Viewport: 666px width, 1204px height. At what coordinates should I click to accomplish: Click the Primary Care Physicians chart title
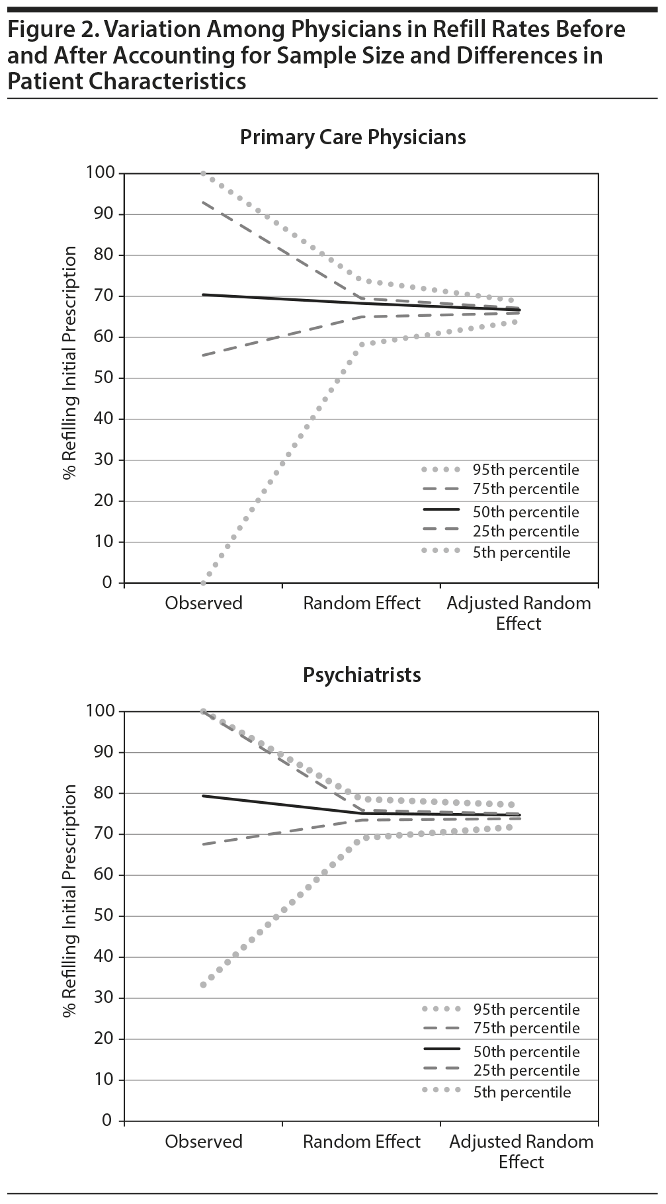[353, 138]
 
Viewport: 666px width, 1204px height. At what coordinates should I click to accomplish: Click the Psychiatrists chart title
[362, 675]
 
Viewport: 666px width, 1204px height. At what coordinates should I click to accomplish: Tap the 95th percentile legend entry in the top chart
[525, 470]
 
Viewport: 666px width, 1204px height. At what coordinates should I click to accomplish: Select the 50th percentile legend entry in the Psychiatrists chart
[526, 1052]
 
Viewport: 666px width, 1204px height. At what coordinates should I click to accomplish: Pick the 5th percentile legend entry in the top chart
[520, 552]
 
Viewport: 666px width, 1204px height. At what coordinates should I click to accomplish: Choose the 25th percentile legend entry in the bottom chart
[526, 1070]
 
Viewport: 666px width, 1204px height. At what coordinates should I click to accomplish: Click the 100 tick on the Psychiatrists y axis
[101, 711]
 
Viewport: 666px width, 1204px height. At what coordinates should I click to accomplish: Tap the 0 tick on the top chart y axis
[108, 583]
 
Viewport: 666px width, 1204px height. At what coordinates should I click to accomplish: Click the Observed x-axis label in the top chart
[204, 603]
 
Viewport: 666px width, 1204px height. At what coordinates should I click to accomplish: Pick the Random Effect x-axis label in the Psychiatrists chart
[362, 1142]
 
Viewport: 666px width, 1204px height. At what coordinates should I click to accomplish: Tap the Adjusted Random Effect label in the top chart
[519, 613]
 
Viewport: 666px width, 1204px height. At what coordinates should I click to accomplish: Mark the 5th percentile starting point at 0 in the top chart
[203, 583]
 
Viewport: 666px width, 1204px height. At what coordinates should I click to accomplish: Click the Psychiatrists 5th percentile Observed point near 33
[203, 984]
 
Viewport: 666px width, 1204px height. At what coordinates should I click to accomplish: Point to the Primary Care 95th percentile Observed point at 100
[203, 173]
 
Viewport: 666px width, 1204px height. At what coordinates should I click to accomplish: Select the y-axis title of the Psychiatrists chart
[70, 901]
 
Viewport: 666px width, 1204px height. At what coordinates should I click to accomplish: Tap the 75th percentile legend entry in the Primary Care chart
[525, 490]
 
